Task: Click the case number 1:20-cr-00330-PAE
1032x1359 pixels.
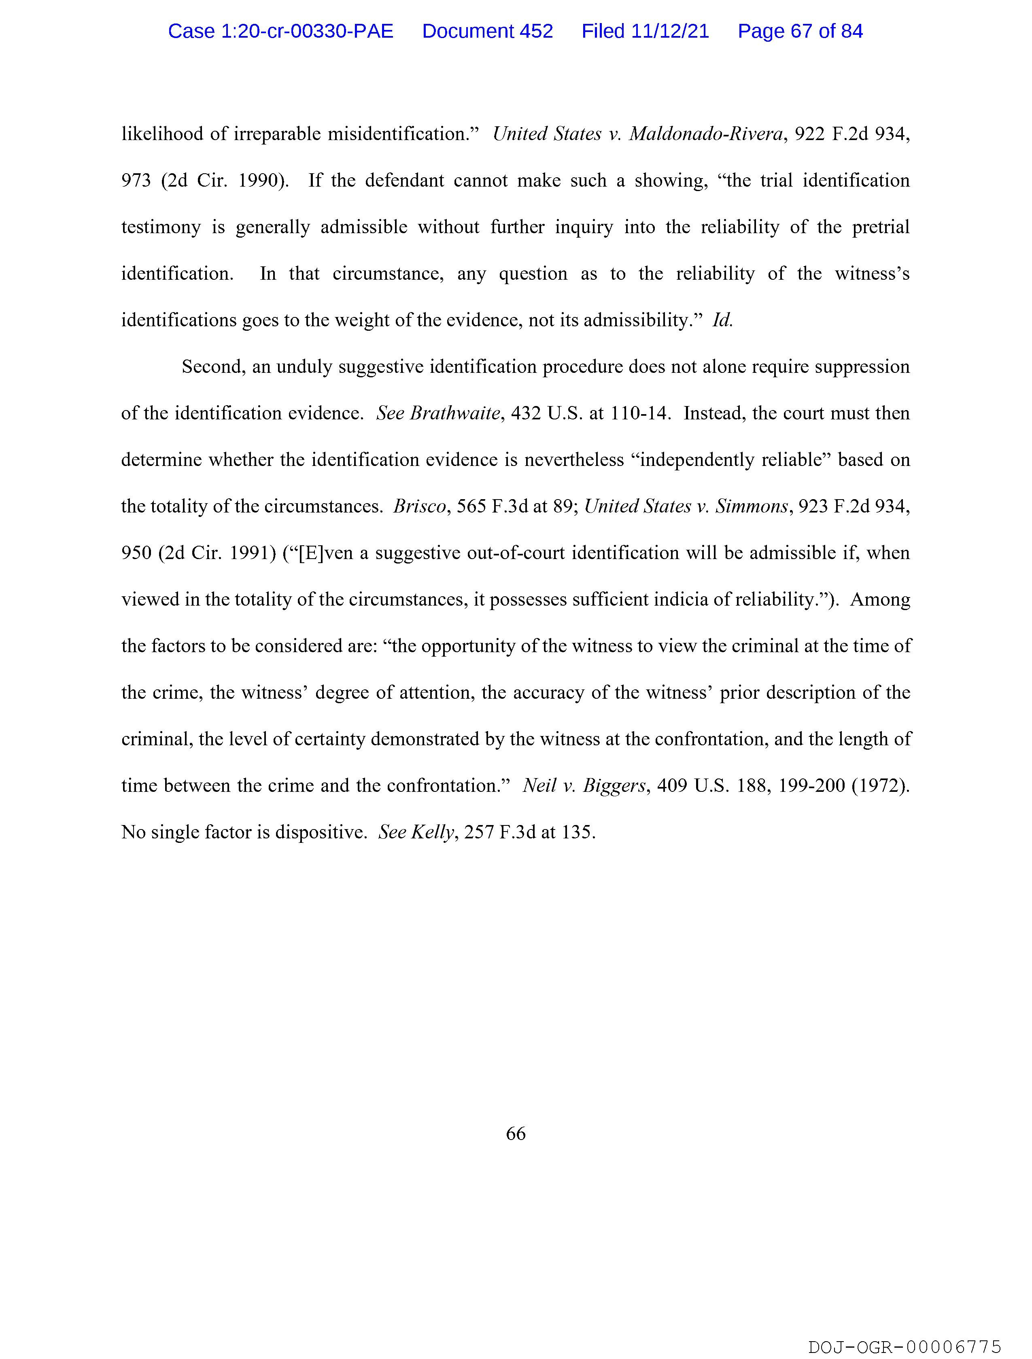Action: click(x=281, y=31)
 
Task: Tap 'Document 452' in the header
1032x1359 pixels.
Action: click(x=487, y=31)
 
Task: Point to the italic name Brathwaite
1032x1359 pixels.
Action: click(x=454, y=413)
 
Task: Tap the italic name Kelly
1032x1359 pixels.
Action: click(x=433, y=832)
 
